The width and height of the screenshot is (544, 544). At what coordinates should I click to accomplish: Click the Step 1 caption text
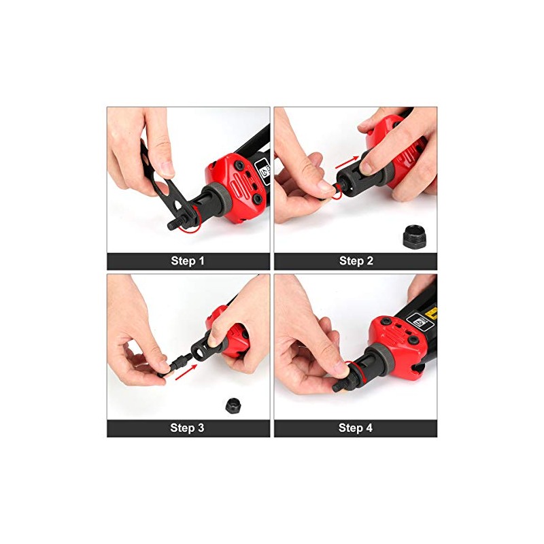pyautogui.click(x=188, y=261)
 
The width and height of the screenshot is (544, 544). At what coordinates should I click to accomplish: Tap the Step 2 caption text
pyautogui.click(x=356, y=261)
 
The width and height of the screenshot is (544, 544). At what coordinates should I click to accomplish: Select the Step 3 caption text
pyautogui.click(x=188, y=428)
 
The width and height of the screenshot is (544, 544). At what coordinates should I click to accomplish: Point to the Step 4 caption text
pyautogui.click(x=356, y=428)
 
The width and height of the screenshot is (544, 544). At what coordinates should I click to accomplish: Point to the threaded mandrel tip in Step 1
pyautogui.click(x=173, y=223)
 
